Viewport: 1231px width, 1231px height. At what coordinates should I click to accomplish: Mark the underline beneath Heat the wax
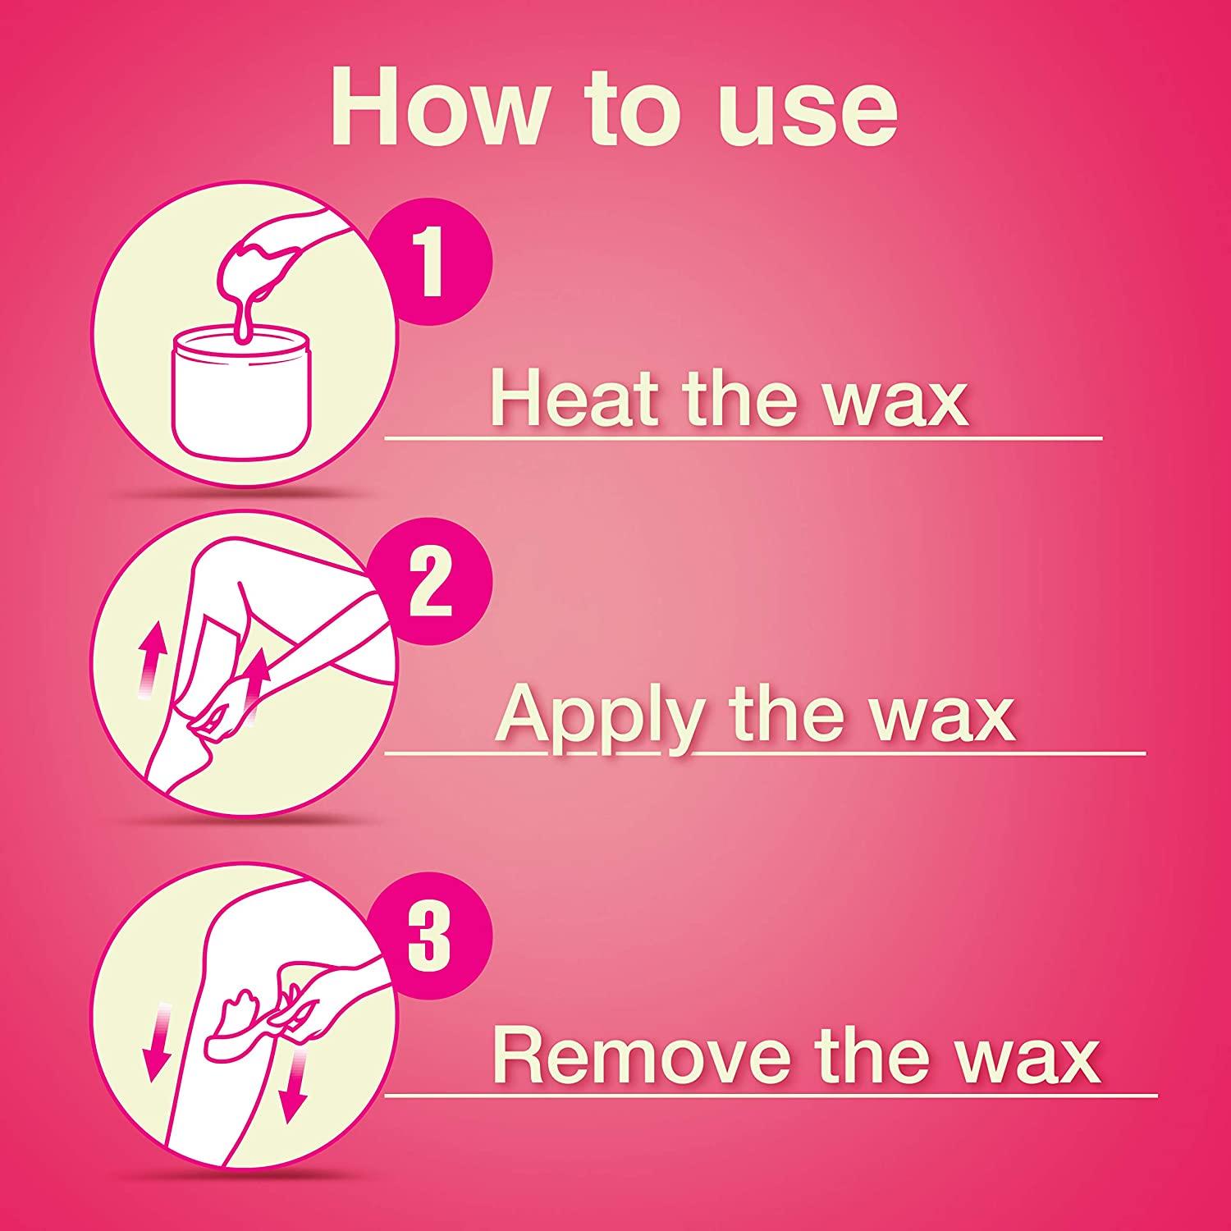point(743,439)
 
